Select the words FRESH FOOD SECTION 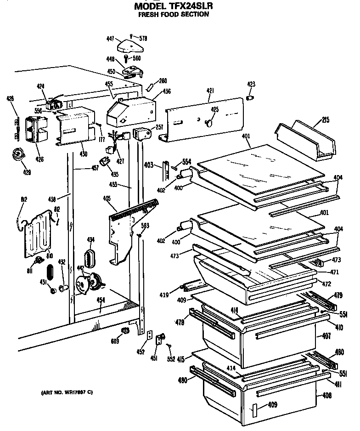click(x=174, y=14)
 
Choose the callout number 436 click(x=167, y=91)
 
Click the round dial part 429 click(x=19, y=155)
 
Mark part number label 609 click(x=114, y=341)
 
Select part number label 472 click(x=327, y=284)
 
